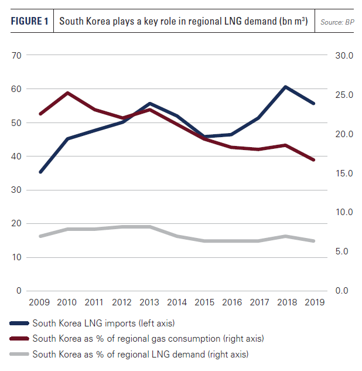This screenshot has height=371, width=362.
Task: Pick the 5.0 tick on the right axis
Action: (344, 251)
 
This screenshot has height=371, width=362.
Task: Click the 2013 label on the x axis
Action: (149, 302)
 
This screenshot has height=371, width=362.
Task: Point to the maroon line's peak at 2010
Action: (68, 93)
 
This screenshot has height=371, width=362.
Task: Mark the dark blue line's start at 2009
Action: (40, 172)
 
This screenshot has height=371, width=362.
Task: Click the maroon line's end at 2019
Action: (313, 159)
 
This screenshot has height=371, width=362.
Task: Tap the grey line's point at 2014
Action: (177, 236)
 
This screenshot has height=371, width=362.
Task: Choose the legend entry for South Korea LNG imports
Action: (103, 323)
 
